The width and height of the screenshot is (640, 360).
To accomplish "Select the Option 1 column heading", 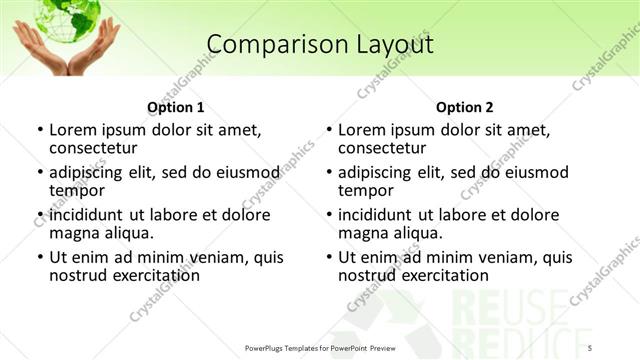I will click(x=175, y=107).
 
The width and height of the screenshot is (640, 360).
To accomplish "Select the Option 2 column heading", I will click(x=464, y=107).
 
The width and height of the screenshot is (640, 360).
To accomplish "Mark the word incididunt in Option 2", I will click(x=377, y=215).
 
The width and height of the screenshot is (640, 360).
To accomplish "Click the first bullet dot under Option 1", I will click(x=40, y=131).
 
